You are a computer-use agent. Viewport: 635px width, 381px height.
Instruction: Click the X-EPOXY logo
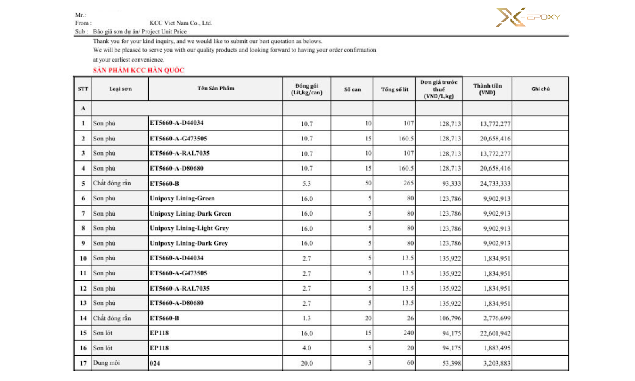(528, 17)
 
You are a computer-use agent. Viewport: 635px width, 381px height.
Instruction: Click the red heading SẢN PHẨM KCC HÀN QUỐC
(139, 70)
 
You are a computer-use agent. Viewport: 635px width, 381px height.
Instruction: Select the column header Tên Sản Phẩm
(216, 88)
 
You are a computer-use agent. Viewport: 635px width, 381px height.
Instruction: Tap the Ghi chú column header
(540, 89)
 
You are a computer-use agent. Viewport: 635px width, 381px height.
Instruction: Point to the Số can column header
(352, 89)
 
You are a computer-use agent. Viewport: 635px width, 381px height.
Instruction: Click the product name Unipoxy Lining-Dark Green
(190, 214)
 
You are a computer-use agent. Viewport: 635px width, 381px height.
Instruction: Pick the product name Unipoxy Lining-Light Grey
(189, 228)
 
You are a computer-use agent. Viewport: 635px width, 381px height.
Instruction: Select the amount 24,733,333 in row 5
(495, 183)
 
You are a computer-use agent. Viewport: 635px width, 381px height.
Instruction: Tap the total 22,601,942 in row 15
(495, 333)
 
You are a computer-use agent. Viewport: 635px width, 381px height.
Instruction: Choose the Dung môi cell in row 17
(106, 363)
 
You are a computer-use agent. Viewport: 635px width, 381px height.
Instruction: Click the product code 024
(155, 363)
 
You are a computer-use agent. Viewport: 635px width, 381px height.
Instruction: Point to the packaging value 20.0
(306, 363)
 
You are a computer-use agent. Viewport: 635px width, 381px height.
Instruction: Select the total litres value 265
(408, 183)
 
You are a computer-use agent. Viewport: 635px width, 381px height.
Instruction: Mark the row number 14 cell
(83, 318)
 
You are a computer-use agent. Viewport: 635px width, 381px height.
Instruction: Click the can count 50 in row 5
(368, 183)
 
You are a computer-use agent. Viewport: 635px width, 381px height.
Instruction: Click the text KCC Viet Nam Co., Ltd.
(181, 23)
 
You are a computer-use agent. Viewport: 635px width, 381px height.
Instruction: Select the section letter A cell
(83, 108)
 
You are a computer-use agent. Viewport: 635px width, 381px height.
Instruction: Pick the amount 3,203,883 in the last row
(496, 363)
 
